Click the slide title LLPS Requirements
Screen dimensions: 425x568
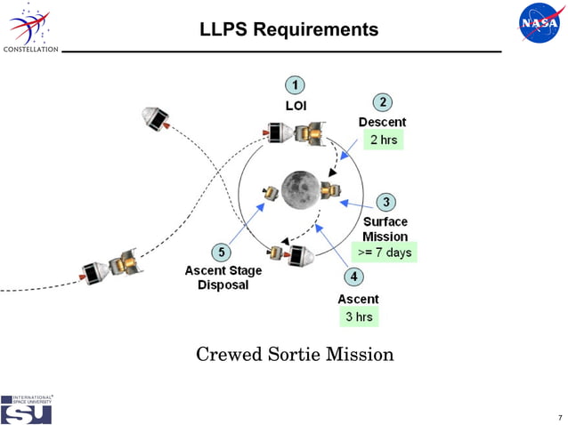pos(290,29)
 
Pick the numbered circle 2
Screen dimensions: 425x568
pos(381,102)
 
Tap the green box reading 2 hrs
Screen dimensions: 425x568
pos(383,140)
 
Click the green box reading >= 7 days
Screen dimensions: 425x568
pos(385,253)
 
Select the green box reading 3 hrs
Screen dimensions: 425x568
pos(359,317)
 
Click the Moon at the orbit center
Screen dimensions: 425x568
pos(300,188)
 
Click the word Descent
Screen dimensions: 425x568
pos(382,122)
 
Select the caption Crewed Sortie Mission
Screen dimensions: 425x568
pos(295,355)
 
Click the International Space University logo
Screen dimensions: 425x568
pos(26,409)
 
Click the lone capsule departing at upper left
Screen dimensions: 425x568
pos(156,116)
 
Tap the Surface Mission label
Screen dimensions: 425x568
pos(385,229)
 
